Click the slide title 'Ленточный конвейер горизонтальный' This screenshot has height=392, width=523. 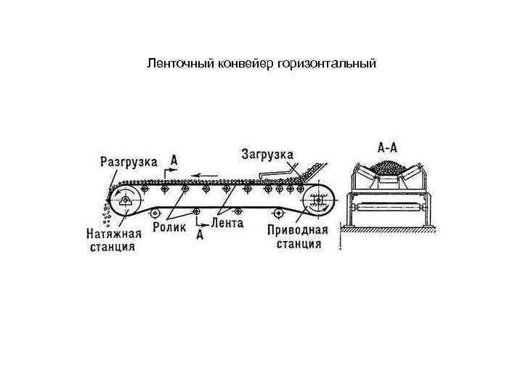[261, 64]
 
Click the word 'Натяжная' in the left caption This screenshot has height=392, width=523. [112, 233]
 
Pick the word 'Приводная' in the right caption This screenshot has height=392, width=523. [298, 230]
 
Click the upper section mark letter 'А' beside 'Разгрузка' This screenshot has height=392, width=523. [174, 159]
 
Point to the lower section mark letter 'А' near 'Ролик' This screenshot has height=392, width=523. [199, 234]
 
